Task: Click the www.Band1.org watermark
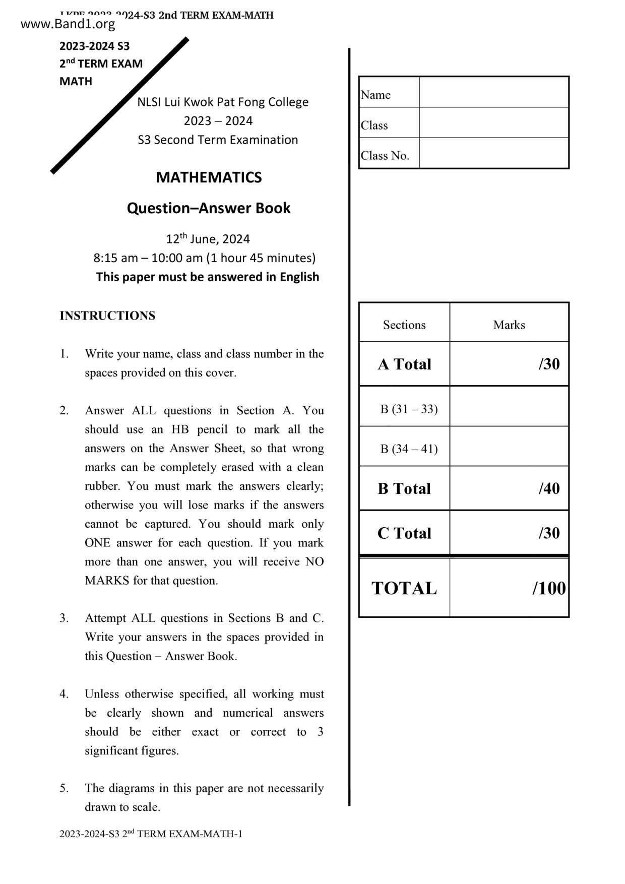click(x=68, y=24)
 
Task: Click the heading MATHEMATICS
click(x=209, y=177)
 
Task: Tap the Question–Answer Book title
click(x=209, y=208)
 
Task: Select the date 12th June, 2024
click(x=208, y=239)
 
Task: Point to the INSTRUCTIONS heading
click(x=107, y=316)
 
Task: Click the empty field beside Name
click(x=494, y=92)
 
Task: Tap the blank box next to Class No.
click(x=494, y=153)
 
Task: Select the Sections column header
click(x=404, y=325)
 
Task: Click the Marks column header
click(x=509, y=325)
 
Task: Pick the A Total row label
click(x=404, y=364)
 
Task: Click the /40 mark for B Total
click(x=549, y=488)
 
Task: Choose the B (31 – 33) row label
click(x=409, y=409)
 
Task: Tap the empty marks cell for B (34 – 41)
click(x=509, y=447)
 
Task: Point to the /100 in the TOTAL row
click(x=548, y=588)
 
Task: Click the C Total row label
click(x=404, y=533)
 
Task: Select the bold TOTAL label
click(x=404, y=588)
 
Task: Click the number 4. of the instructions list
click(x=64, y=694)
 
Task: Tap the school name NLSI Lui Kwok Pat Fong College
click(x=223, y=102)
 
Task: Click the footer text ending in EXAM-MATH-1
click(x=151, y=834)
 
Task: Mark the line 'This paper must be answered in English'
click(x=208, y=277)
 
